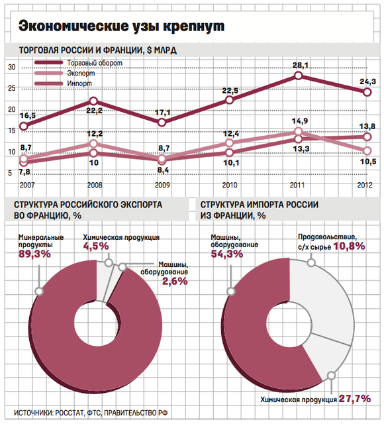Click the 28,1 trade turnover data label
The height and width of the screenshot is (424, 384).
click(300, 66)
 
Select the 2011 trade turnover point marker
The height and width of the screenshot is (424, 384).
click(299, 76)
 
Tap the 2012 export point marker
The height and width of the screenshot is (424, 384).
click(367, 150)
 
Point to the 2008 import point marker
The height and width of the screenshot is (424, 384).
click(93, 153)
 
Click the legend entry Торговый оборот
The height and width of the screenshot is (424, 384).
click(78, 63)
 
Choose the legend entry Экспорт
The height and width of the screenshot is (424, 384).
click(65, 73)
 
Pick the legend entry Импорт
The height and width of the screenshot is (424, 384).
click(64, 83)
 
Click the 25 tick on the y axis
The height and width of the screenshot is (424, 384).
click(12, 88)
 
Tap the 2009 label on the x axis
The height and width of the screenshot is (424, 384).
click(162, 185)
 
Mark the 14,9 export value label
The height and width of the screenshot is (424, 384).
click(300, 121)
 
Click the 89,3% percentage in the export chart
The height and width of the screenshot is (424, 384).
click(34, 254)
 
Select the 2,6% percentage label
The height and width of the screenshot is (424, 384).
click(175, 281)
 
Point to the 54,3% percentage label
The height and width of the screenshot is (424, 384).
click(227, 254)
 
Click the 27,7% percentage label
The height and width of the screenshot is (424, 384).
click(355, 399)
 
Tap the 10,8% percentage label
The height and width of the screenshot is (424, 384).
click(349, 246)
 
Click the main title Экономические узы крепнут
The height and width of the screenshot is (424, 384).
click(121, 26)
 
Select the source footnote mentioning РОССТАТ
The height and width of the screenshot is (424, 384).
click(91, 413)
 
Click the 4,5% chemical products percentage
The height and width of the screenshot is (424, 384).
click(96, 246)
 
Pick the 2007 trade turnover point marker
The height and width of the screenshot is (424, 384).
click(24, 127)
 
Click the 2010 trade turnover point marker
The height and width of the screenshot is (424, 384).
click(229, 100)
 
